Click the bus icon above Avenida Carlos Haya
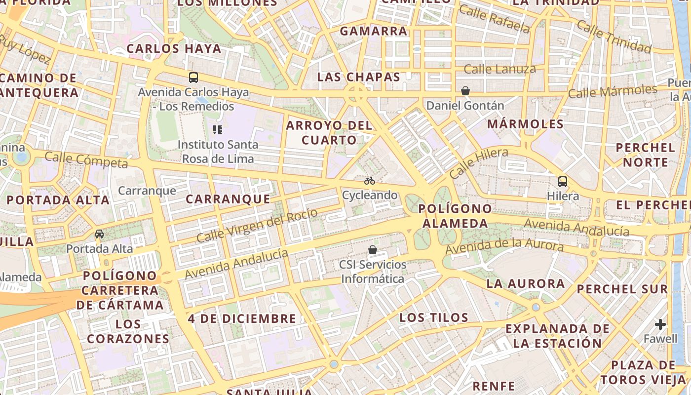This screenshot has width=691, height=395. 193,78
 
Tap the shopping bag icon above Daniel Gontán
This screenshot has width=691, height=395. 465,91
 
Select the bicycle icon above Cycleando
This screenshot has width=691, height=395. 370,181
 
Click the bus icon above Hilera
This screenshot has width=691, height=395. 563,182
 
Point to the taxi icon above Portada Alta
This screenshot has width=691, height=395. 99,234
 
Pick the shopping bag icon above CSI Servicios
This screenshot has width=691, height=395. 373,250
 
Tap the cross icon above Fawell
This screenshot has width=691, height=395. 660,324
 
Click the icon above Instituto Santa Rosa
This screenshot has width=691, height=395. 218,130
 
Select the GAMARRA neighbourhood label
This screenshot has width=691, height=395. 374,31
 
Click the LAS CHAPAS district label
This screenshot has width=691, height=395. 358,77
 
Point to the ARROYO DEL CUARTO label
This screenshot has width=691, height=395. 329,132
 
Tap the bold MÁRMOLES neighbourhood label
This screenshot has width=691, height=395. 525,124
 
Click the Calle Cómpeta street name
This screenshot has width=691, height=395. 86,160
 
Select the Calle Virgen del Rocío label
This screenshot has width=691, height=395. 257,225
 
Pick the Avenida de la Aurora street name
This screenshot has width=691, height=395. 504,245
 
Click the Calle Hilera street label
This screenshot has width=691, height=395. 479,163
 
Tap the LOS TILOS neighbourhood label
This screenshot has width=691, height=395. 434,317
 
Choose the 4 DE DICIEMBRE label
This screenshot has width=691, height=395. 242,318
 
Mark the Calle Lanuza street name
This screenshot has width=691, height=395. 499,69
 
